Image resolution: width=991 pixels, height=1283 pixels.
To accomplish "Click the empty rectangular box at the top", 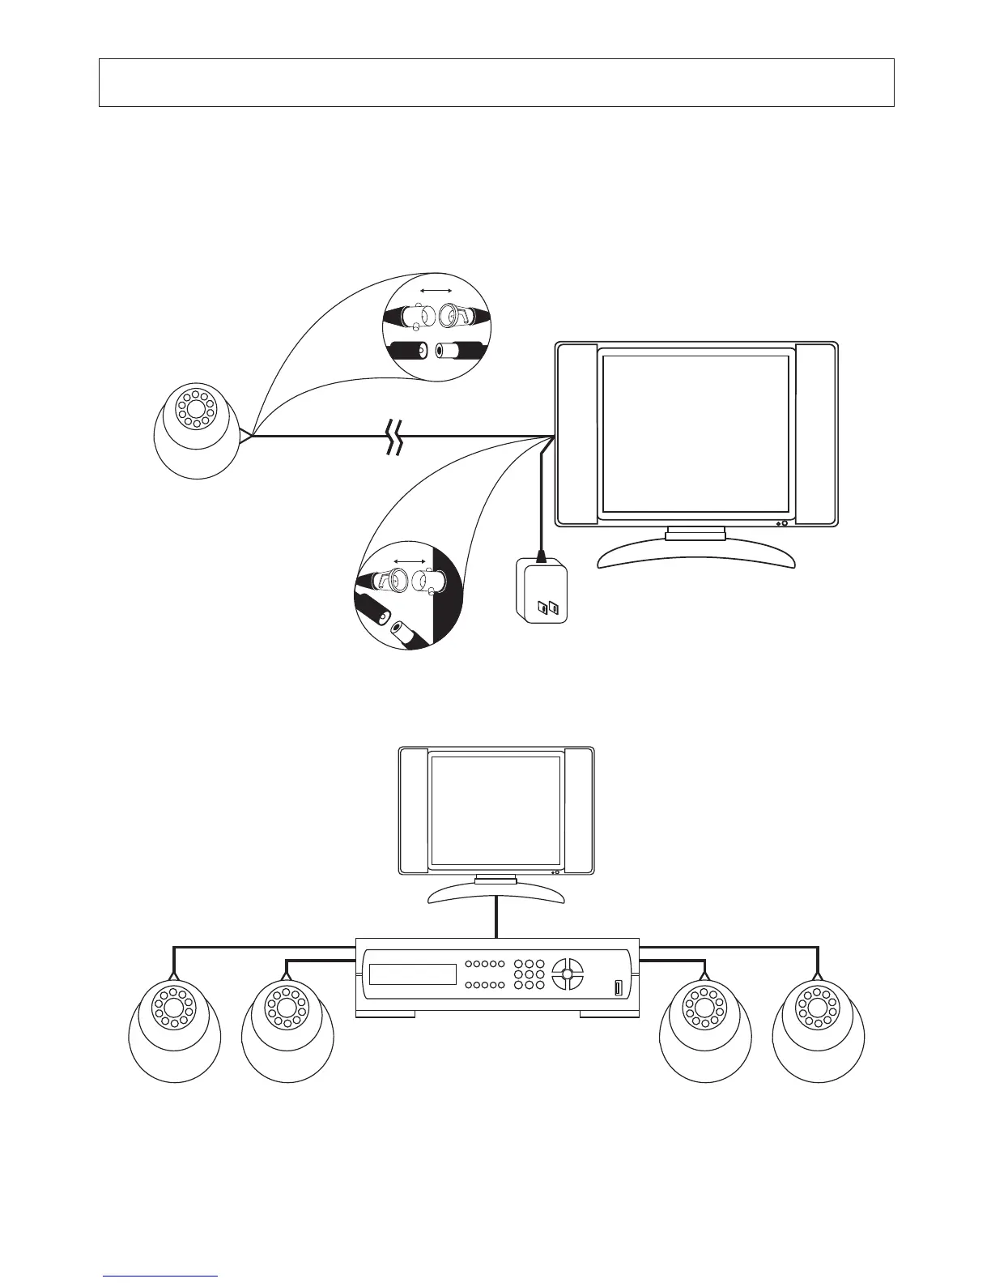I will [495, 82].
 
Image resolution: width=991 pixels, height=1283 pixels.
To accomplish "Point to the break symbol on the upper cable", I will [394, 437].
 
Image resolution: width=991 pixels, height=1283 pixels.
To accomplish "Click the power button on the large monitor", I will [785, 523].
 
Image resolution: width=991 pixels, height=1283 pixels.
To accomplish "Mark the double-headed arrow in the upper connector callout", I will [436, 289].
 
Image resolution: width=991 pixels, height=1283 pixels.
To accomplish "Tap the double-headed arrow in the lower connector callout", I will [410, 561].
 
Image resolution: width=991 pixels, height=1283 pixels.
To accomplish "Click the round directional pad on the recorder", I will [567, 974].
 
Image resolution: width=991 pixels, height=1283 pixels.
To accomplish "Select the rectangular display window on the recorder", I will [413, 974].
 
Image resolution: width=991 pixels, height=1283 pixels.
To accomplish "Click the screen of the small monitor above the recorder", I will [495, 811].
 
